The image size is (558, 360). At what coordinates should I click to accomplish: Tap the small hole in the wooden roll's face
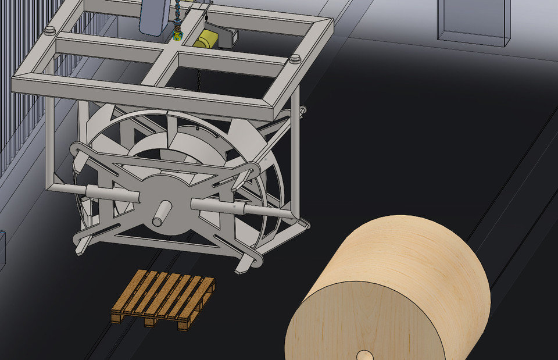[x=364, y=355]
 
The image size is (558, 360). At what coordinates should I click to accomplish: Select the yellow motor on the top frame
[x=205, y=40]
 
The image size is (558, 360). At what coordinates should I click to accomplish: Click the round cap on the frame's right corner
[x=295, y=58]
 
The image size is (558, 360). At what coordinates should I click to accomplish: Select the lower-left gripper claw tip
[x=79, y=247]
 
